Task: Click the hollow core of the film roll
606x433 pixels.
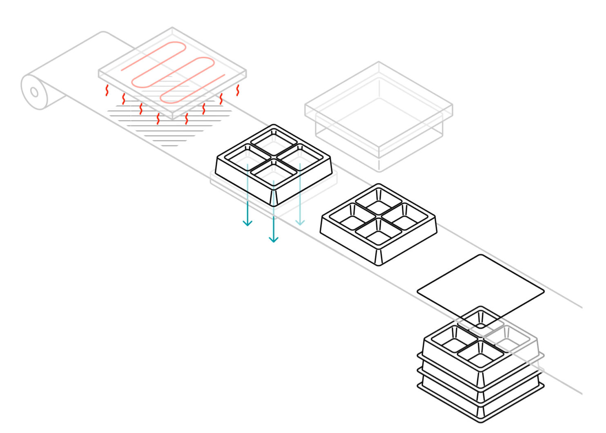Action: [34, 92]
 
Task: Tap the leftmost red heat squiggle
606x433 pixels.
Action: [107, 90]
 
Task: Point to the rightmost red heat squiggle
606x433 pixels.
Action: [238, 90]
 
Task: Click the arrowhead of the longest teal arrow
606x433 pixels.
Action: [274, 239]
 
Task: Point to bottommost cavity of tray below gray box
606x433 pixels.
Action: [379, 232]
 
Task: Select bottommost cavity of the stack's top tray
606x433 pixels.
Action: [481, 354]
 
